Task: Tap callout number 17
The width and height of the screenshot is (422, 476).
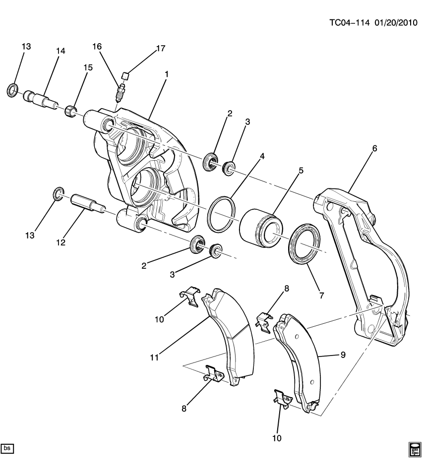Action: tap(160, 49)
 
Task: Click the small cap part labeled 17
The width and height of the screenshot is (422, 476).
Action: tap(126, 75)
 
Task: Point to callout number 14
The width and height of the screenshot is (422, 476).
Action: tap(60, 51)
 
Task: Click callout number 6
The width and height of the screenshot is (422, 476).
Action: tap(374, 149)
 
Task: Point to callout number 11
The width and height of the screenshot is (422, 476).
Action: tap(154, 357)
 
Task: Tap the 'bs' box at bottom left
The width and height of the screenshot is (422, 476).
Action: tap(7, 448)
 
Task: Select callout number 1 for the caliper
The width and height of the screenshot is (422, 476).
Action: tap(167, 74)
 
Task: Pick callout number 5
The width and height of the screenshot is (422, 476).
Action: tap(301, 171)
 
